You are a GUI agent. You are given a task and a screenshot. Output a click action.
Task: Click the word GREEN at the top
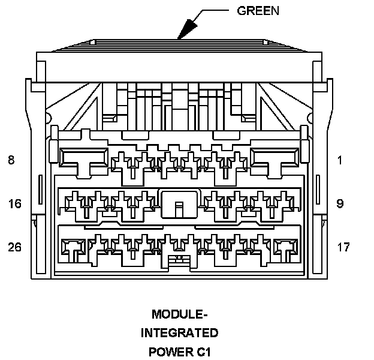[259, 10]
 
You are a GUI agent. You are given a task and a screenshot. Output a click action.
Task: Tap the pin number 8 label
[11, 160]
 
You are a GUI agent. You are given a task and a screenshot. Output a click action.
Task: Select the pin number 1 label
[339, 160]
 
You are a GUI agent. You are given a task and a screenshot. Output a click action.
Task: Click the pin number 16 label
[14, 203]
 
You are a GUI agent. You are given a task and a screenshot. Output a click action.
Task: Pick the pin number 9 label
[340, 203]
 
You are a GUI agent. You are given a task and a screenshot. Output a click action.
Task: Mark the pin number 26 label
[14, 247]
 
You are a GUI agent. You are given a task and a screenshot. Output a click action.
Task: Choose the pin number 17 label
[343, 247]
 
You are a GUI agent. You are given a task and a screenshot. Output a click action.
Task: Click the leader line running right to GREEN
[219, 10]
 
